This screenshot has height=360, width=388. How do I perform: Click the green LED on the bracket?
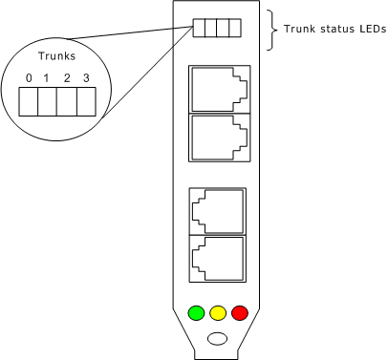pyautogui.click(x=197, y=312)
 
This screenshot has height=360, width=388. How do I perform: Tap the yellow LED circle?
pyautogui.click(x=218, y=312)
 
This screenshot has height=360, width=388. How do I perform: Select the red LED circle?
pyautogui.click(x=239, y=312)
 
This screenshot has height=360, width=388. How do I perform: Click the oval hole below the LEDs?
pyautogui.click(x=218, y=337)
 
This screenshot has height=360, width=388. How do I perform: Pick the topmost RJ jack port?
pyautogui.click(x=220, y=89)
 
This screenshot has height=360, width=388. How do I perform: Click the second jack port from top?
pyautogui.click(x=220, y=137)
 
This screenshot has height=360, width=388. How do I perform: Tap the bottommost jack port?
pyautogui.click(x=218, y=258)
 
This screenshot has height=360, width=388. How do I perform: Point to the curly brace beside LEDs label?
pyautogui.click(x=271, y=30)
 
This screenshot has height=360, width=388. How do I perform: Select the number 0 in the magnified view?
pyautogui.click(x=30, y=76)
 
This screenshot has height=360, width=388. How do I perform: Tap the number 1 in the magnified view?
pyautogui.click(x=49, y=76)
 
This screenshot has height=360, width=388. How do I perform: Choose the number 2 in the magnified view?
pyautogui.click(x=68, y=76)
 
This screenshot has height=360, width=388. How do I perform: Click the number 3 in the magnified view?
pyautogui.click(x=87, y=76)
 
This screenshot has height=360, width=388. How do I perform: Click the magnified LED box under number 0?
pyautogui.click(x=30, y=100)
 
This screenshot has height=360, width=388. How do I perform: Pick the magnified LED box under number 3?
pyautogui.click(x=87, y=100)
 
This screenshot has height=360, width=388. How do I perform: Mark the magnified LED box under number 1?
pyautogui.click(x=49, y=100)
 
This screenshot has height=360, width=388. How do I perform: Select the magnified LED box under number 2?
pyautogui.click(x=68, y=100)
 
